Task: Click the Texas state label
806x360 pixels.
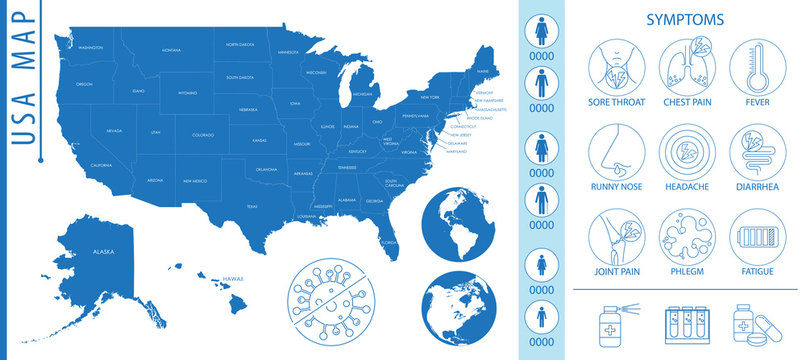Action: click(x=252, y=206)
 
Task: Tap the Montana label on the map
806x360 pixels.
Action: click(x=171, y=48)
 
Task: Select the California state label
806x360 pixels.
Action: click(x=101, y=165)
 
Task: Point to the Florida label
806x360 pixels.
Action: click(x=389, y=241)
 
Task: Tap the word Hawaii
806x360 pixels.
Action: click(x=233, y=277)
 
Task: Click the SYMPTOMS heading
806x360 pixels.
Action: click(x=685, y=19)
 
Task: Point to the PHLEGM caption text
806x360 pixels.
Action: click(x=685, y=271)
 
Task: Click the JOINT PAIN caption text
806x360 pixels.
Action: click(x=616, y=271)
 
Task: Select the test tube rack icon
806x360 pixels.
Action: click(x=686, y=324)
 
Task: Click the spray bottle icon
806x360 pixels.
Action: click(x=617, y=324)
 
